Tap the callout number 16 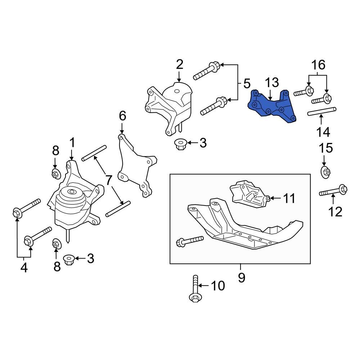pos(318,65)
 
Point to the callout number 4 pos(24,268)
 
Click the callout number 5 pos(246,84)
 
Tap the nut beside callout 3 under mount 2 pos(180,144)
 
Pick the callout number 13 pos(272,83)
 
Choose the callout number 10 pos(217,286)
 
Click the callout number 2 pos(179,64)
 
